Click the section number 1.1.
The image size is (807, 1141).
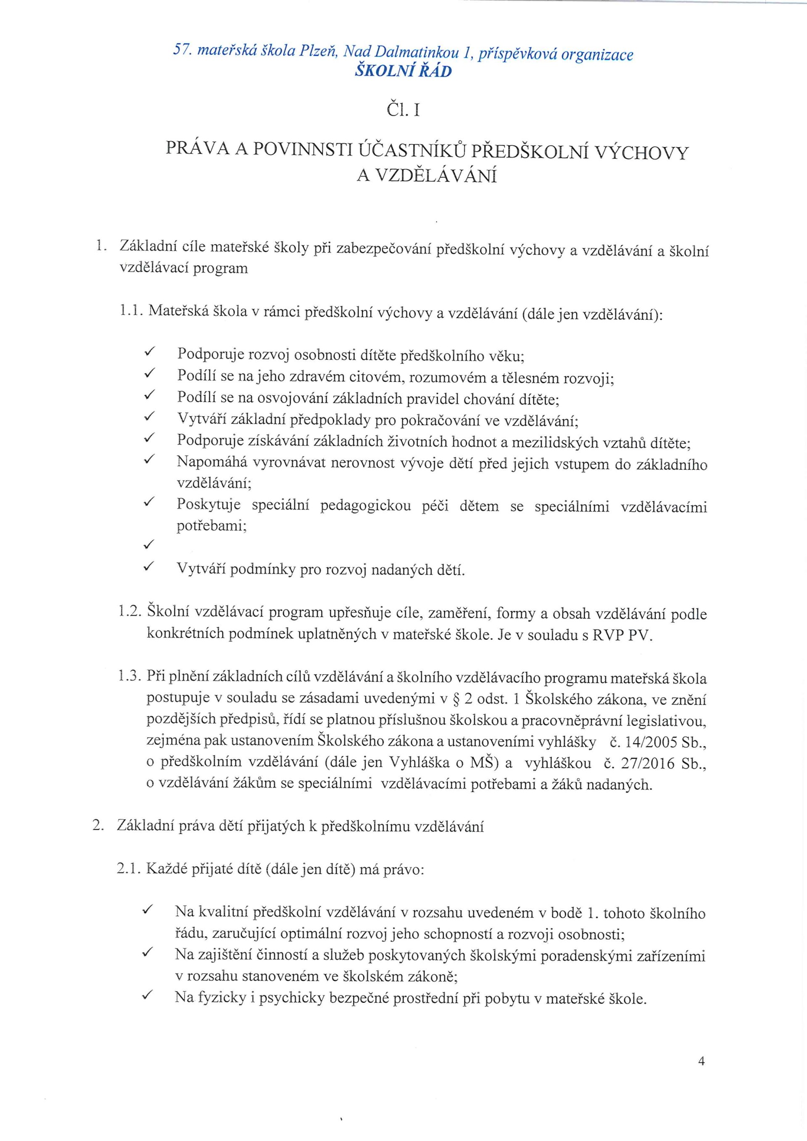131,312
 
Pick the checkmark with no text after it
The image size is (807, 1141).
148,545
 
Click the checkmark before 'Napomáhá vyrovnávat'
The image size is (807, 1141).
148,461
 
